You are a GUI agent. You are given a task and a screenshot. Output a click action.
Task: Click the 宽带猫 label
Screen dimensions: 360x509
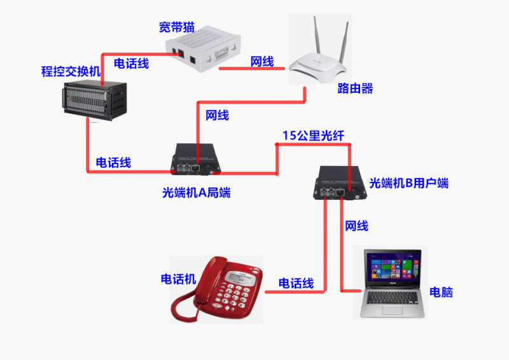[176, 27]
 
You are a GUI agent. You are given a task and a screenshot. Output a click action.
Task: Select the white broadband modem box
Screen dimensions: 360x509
[204, 51]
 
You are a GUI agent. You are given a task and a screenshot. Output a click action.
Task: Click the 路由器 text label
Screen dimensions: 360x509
[355, 88]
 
